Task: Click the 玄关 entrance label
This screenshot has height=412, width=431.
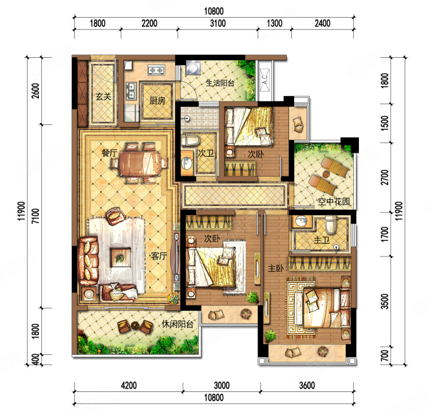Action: (x=104, y=97)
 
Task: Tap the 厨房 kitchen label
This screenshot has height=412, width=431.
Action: (x=157, y=101)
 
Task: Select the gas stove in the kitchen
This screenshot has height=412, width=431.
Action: (x=156, y=70)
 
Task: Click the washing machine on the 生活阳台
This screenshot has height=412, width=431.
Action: (x=193, y=68)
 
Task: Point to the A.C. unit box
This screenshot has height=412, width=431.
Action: (x=264, y=80)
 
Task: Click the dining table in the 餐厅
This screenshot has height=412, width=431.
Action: (x=139, y=163)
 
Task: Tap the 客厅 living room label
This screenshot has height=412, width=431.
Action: (x=159, y=256)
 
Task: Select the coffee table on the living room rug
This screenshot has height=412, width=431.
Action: (x=120, y=257)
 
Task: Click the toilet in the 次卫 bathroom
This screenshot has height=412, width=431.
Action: (x=191, y=140)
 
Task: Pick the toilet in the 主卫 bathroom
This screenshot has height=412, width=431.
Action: (x=331, y=224)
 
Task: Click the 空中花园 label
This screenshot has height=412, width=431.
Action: (x=334, y=201)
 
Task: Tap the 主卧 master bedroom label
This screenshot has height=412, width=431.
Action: (x=276, y=268)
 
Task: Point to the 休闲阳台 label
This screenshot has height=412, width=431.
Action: (x=177, y=324)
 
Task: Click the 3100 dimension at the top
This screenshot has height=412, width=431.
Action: (x=218, y=23)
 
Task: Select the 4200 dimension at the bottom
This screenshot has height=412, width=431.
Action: (x=129, y=385)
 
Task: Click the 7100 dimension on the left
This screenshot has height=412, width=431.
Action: (x=35, y=216)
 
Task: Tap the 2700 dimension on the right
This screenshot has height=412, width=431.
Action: (x=385, y=177)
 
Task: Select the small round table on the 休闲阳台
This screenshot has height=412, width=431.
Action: (x=135, y=326)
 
